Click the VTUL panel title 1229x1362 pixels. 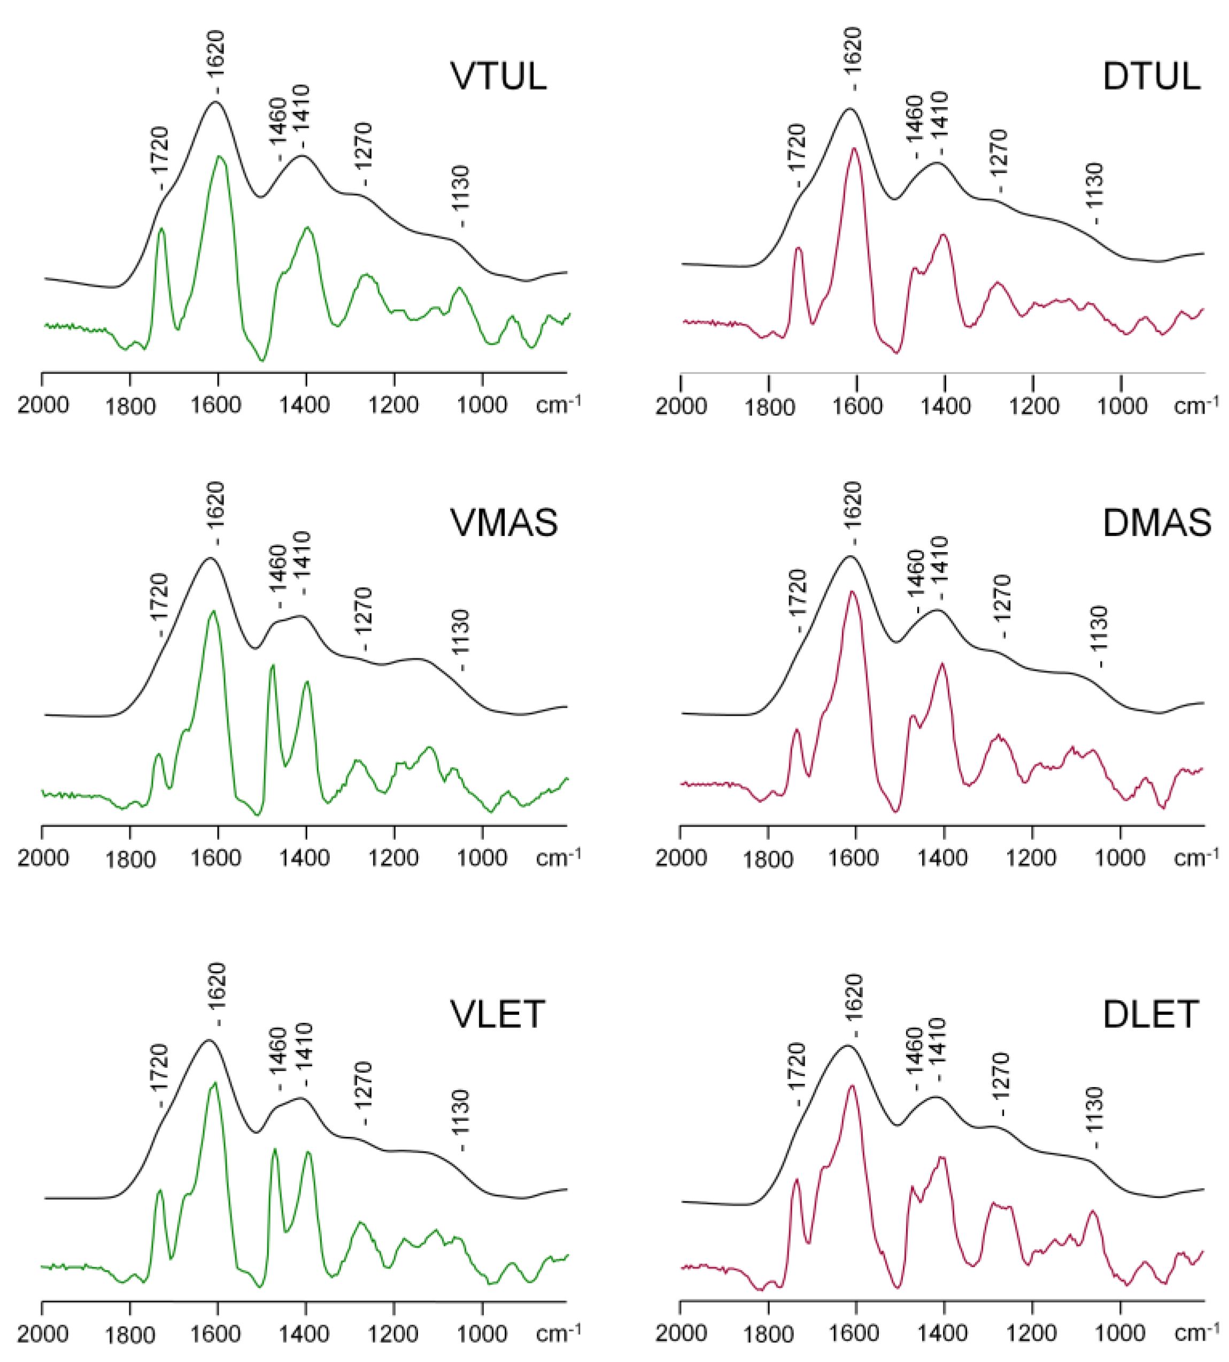[x=498, y=76]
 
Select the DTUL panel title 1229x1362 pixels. [x=1151, y=76]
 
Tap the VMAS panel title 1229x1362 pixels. [x=504, y=522]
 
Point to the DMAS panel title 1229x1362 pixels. [x=1157, y=522]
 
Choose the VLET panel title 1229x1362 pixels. [x=497, y=1014]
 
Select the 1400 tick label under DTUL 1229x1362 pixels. [x=945, y=406]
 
